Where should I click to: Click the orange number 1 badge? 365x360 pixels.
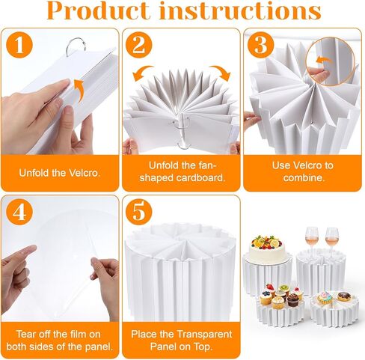[x=19, y=45]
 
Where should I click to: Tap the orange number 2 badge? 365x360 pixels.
[x=139, y=45]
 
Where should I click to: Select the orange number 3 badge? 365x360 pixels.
[x=261, y=45]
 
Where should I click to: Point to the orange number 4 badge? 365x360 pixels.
[x=19, y=212]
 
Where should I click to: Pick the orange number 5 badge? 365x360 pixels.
[x=139, y=212]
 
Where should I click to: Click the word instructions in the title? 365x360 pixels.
[x=240, y=10]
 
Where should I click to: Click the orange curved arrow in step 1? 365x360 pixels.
[x=80, y=91]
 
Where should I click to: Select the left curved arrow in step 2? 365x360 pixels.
[x=141, y=71]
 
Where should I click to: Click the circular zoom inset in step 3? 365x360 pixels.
[x=330, y=61]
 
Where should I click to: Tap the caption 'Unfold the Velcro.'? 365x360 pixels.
[x=60, y=173]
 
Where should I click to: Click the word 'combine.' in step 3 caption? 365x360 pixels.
[x=304, y=177]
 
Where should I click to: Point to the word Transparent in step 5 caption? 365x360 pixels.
[x=204, y=335]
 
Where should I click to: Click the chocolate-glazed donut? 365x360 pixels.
[x=344, y=296]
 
